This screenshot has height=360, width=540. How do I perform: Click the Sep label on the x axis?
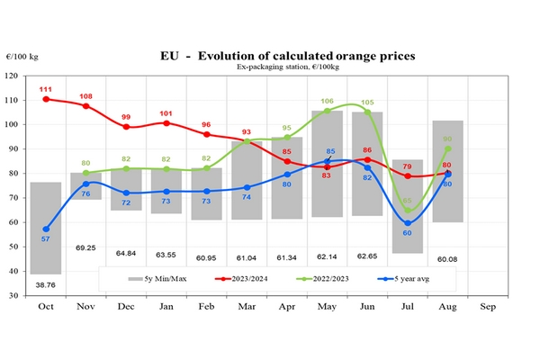tap(487, 307)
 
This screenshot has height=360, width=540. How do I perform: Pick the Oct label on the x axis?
tap(46, 307)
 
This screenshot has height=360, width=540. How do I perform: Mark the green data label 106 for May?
tap(327, 102)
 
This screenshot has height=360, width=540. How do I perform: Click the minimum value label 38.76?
tap(46, 283)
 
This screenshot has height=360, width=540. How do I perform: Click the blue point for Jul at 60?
tap(408, 222)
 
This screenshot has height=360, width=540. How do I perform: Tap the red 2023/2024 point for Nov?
tap(86, 106)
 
